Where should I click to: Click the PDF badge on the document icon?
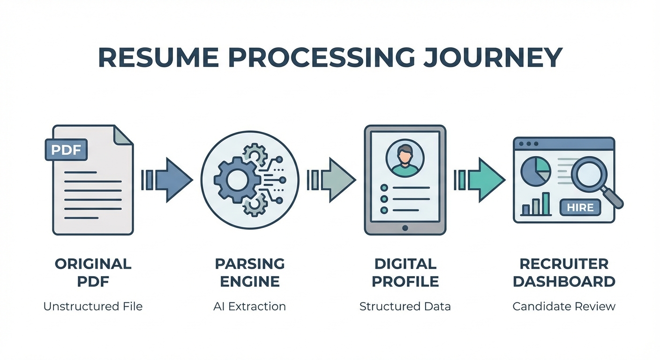click(66, 150)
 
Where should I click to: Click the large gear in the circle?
click(236, 179)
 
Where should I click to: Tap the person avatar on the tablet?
click(405, 158)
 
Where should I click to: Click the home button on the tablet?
click(405, 228)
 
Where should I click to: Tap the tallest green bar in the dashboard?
click(546, 203)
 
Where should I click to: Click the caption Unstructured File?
click(93, 307)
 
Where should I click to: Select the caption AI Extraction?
click(249, 307)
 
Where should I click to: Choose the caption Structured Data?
click(405, 307)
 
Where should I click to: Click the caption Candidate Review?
click(564, 307)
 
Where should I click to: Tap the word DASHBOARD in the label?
click(564, 282)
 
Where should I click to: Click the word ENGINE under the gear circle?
click(250, 282)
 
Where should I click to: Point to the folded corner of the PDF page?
click(123, 135)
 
